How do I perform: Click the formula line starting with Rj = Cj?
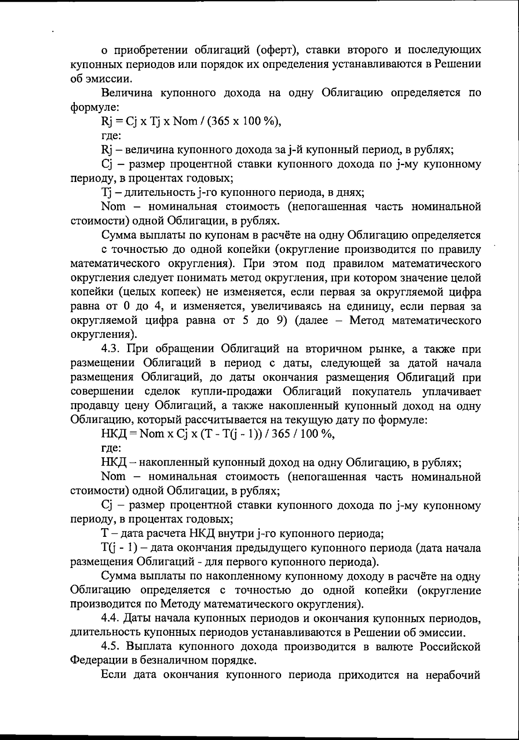191,122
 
